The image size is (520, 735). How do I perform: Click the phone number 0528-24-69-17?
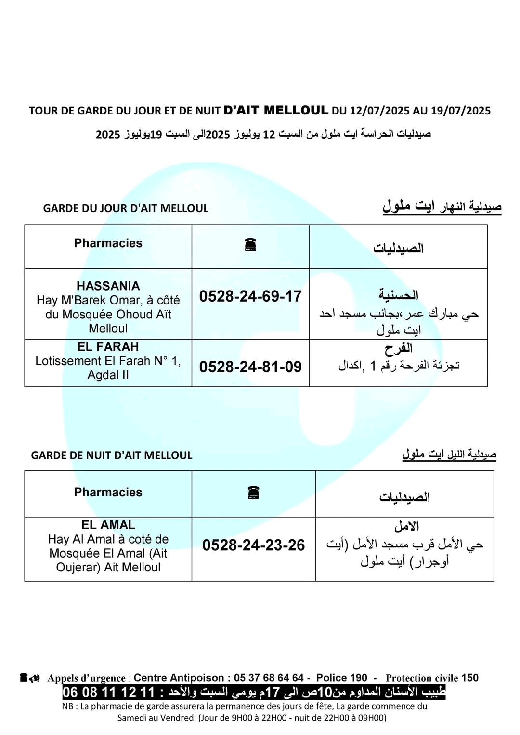(250, 296)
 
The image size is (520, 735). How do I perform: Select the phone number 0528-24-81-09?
(250, 367)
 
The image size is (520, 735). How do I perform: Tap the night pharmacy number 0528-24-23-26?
(253, 545)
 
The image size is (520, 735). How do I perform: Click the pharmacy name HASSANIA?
(108, 286)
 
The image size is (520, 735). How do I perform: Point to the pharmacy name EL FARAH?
(108, 347)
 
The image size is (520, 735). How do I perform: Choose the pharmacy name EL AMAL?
(108, 525)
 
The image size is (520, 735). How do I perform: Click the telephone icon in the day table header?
(250, 245)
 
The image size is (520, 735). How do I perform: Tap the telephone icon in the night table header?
(253, 493)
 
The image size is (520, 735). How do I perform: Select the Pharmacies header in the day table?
(108, 243)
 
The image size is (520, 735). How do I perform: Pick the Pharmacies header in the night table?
(108, 493)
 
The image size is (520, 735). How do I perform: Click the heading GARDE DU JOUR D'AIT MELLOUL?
(126, 209)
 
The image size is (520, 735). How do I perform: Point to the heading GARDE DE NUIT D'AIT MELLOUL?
(112, 456)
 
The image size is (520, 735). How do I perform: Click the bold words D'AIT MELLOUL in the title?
(276, 110)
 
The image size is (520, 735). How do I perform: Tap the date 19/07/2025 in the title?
(461, 111)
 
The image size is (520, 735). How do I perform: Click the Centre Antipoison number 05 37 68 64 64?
(269, 678)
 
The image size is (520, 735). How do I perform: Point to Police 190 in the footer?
(341, 678)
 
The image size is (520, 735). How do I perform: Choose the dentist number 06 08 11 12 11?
(108, 693)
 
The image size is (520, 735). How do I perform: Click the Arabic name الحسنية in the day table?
(398, 295)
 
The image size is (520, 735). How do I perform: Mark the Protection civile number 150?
(470, 678)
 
